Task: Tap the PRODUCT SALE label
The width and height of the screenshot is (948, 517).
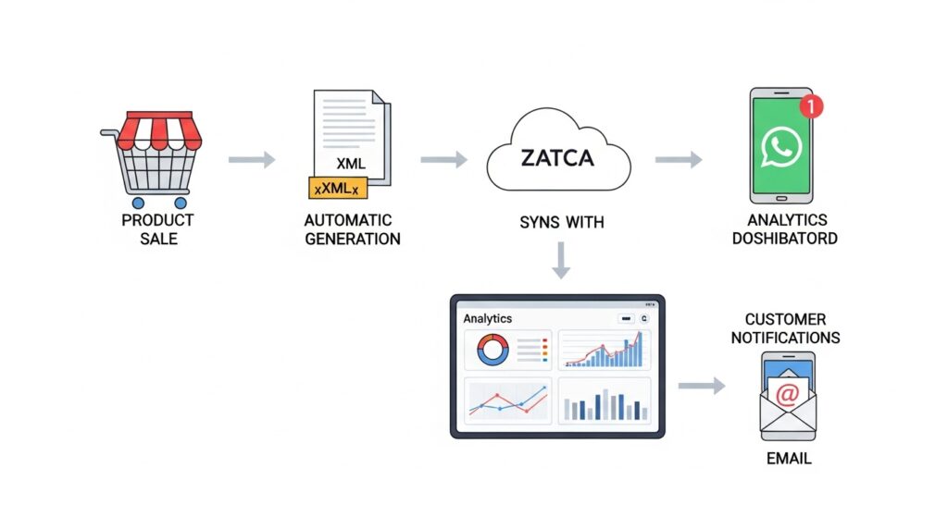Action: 157,228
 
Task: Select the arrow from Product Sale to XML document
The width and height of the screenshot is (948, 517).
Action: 252,160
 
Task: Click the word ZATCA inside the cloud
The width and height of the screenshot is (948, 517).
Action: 558,159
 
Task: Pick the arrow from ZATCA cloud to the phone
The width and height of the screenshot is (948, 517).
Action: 678,160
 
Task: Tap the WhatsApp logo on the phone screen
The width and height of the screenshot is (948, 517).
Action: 780,147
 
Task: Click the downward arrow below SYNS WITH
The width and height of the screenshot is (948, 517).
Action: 559,263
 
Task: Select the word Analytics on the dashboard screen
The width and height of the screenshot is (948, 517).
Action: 488,318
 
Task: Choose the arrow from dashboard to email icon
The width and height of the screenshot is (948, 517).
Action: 701,386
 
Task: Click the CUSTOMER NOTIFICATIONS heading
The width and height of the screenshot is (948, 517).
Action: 785,328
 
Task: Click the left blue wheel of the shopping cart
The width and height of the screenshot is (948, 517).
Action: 138,202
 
